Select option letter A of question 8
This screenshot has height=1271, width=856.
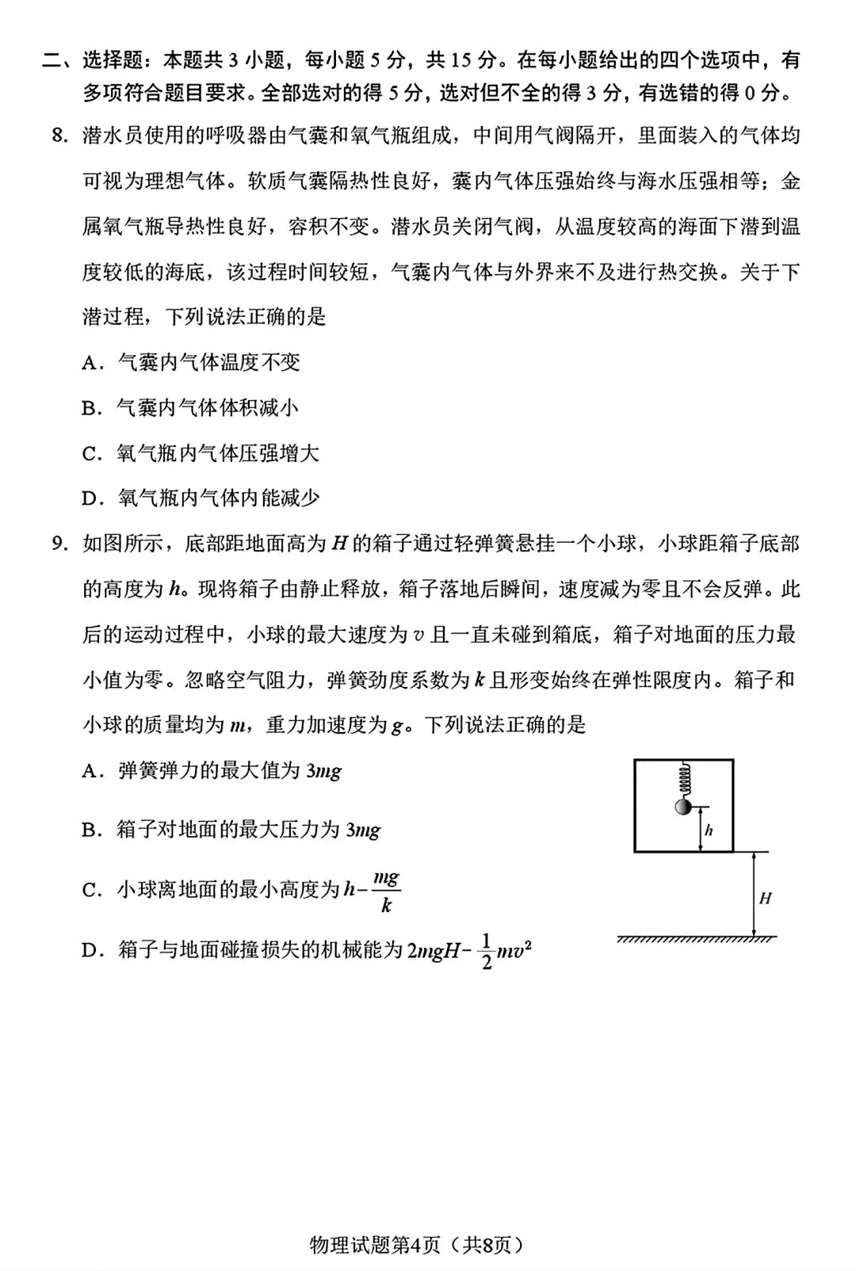tap(90, 363)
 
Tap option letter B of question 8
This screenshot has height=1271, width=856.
tap(90, 408)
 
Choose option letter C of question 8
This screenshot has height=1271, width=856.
tap(90, 454)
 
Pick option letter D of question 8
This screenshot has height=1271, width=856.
tap(90, 499)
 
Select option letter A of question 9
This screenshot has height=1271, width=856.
tap(90, 771)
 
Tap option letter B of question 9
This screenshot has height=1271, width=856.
tap(90, 830)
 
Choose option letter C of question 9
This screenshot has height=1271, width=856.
tap(90, 891)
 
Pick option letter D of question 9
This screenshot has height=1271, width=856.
tap(90, 950)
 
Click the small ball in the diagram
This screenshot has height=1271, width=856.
tap(681, 807)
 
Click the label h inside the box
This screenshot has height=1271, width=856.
tap(709, 830)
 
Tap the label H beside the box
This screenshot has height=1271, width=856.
tap(765, 899)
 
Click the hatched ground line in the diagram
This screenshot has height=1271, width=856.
tap(696, 940)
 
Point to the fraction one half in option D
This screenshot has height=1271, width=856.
tap(487, 951)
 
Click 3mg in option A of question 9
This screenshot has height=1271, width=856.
tap(323, 771)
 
